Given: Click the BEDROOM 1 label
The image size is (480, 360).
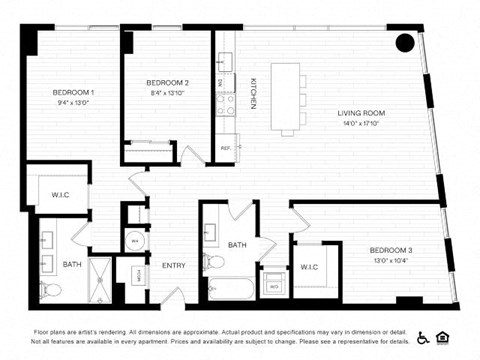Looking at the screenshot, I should tap(72, 93).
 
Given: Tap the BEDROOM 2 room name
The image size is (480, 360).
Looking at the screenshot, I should tap(167, 82).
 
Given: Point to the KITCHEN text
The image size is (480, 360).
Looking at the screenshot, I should tap(253, 93).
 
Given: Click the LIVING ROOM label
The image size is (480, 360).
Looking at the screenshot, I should tap(361, 113).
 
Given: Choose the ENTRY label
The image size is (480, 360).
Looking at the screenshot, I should tap(174, 265).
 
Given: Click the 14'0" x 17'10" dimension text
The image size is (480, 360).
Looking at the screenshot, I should tap(361, 124).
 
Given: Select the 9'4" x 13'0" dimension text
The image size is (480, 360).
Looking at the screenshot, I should tap(72, 103).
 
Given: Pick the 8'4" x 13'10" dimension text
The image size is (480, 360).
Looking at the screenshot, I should tap(167, 92).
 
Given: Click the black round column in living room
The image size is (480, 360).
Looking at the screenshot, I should tap(405, 43).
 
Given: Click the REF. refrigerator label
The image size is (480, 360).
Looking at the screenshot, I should tap(225, 148).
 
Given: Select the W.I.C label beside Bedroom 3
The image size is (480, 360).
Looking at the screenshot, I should tap(308, 266).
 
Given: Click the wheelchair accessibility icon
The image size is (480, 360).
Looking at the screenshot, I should tap(423, 338).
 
